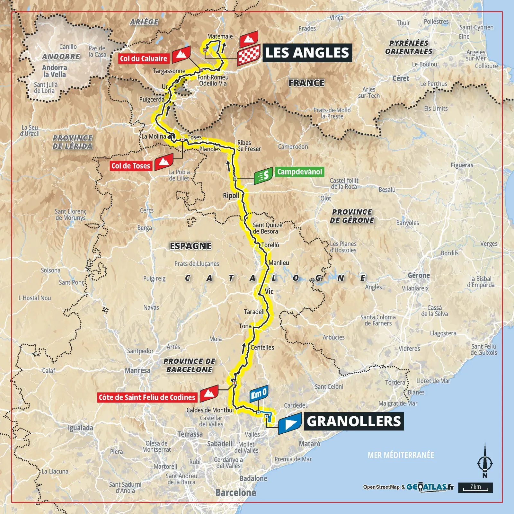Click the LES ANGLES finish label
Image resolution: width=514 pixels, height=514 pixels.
coord(307,53)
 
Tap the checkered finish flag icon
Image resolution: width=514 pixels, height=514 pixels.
coord(248,56)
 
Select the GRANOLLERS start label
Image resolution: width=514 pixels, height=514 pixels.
coord(354,421)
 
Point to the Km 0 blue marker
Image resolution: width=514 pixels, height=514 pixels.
coord(259,393)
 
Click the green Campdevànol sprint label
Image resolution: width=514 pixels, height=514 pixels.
coord(299,172)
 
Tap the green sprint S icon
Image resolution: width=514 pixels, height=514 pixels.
coord(263,175)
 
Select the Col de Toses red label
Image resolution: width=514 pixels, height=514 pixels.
coord(131,166)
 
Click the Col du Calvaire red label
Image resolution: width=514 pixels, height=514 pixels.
coord(144,59)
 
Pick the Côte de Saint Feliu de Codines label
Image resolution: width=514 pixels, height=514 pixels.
coord(147,397)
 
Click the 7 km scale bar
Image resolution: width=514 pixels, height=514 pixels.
coord(475,487)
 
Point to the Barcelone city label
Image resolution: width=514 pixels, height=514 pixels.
coord(235,493)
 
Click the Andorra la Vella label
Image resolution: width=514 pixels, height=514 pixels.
coord(54,71)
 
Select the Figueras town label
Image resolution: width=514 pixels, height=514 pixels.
coord(462,165)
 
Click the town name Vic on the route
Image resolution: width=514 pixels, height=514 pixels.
coord(269,291)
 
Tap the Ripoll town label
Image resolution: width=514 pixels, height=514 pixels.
coord(231,196)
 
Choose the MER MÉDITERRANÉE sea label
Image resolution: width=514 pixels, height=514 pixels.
coord(401,455)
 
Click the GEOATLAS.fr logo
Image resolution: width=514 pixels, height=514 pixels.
coord(430,487)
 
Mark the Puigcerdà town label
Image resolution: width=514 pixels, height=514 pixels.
coord(152,99)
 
